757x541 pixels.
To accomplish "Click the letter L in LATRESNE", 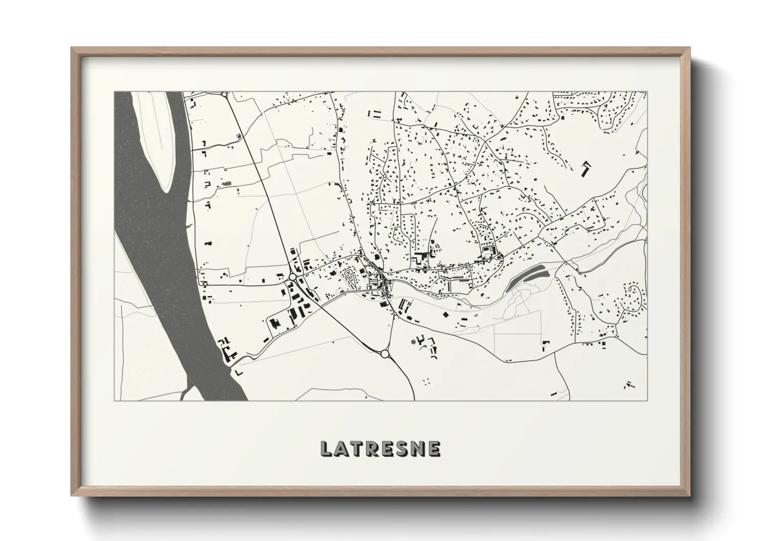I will [x=326, y=449].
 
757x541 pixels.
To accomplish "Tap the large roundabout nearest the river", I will [x=292, y=277].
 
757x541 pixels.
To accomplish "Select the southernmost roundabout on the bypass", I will [x=385, y=353].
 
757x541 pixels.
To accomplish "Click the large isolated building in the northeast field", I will [x=585, y=169].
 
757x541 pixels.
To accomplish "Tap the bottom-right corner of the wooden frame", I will [x=689, y=497].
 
